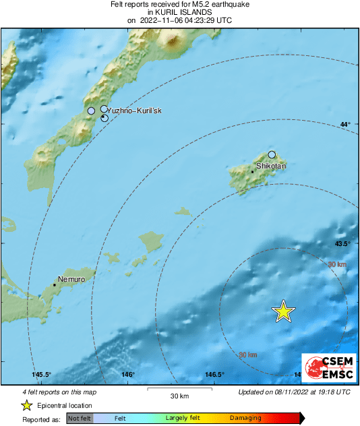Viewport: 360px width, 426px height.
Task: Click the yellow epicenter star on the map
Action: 284,311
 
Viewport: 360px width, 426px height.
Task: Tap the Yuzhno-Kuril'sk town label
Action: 135,111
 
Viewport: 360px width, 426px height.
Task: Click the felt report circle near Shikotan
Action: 272,154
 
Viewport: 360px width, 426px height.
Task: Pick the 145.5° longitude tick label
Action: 42,375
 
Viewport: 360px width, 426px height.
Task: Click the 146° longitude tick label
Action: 127,375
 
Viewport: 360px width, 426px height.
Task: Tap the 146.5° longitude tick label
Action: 214,375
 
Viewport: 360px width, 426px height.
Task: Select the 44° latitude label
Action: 345,125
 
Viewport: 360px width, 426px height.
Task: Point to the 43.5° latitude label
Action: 342,243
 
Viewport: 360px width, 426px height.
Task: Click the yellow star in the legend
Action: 27,405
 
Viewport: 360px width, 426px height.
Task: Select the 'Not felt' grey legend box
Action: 80,419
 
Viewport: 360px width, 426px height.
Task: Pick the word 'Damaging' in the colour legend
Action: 245,419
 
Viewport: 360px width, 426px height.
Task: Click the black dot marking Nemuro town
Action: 55,285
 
